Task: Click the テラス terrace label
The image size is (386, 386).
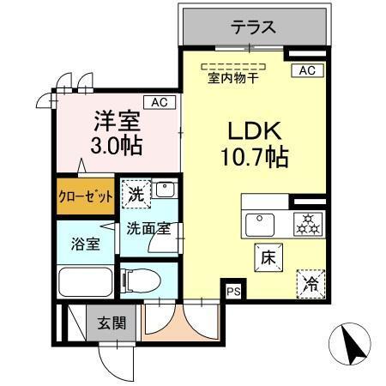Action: tap(252, 27)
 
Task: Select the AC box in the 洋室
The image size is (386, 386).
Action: tap(159, 103)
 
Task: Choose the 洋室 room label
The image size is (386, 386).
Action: tap(112, 118)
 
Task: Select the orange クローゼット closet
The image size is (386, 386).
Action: tap(86, 196)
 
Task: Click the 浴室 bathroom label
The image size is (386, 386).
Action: tap(85, 244)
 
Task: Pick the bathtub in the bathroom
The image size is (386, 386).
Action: tap(87, 280)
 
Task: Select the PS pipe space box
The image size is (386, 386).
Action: tap(232, 292)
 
